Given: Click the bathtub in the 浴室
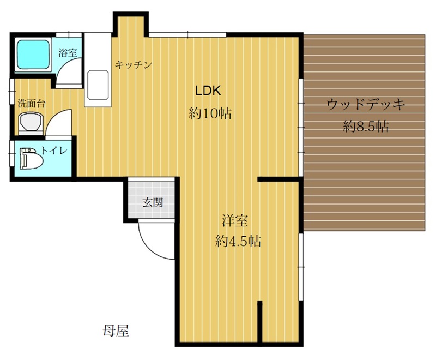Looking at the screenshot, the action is tap(33, 55).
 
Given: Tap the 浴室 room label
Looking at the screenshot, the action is tap(68, 52).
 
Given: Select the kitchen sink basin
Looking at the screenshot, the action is tap(98, 85).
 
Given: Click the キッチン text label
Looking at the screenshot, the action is tap(134, 65).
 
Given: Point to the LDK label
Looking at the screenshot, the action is tap(208, 91).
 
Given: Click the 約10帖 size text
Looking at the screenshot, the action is tap(210, 113).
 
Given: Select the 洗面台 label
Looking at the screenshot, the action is tap(32, 104).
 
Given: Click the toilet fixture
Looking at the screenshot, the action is tap(31, 158).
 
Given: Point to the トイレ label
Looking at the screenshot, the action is tap(54, 151).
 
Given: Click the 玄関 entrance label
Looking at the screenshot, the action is tap(153, 202).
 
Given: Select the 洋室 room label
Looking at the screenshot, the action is tap(235, 220).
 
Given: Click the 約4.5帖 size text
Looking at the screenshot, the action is tap(238, 241).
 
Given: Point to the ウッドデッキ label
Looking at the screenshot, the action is tap(365, 104).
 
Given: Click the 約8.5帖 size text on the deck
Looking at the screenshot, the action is tap(366, 127).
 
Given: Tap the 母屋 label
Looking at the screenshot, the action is tap(116, 331).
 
